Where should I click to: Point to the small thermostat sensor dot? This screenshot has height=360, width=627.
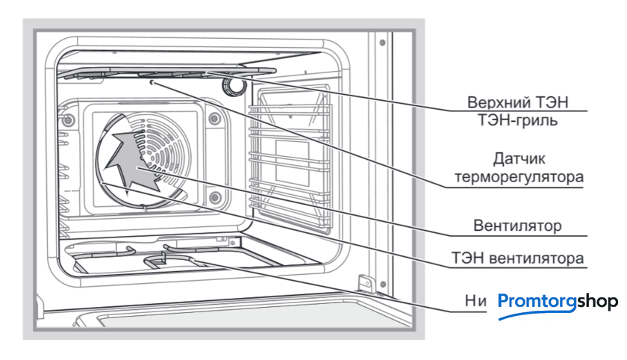[152, 84]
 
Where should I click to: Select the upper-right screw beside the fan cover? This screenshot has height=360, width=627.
[214, 118]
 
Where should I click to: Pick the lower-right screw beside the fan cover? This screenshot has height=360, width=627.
[214, 197]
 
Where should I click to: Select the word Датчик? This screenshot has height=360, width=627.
[520, 159]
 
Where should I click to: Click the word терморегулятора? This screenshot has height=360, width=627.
[520, 177]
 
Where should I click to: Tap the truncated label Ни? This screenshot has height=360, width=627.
[475, 300]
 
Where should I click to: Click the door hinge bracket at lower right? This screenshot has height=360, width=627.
[365, 284]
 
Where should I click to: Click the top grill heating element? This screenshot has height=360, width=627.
[164, 73]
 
